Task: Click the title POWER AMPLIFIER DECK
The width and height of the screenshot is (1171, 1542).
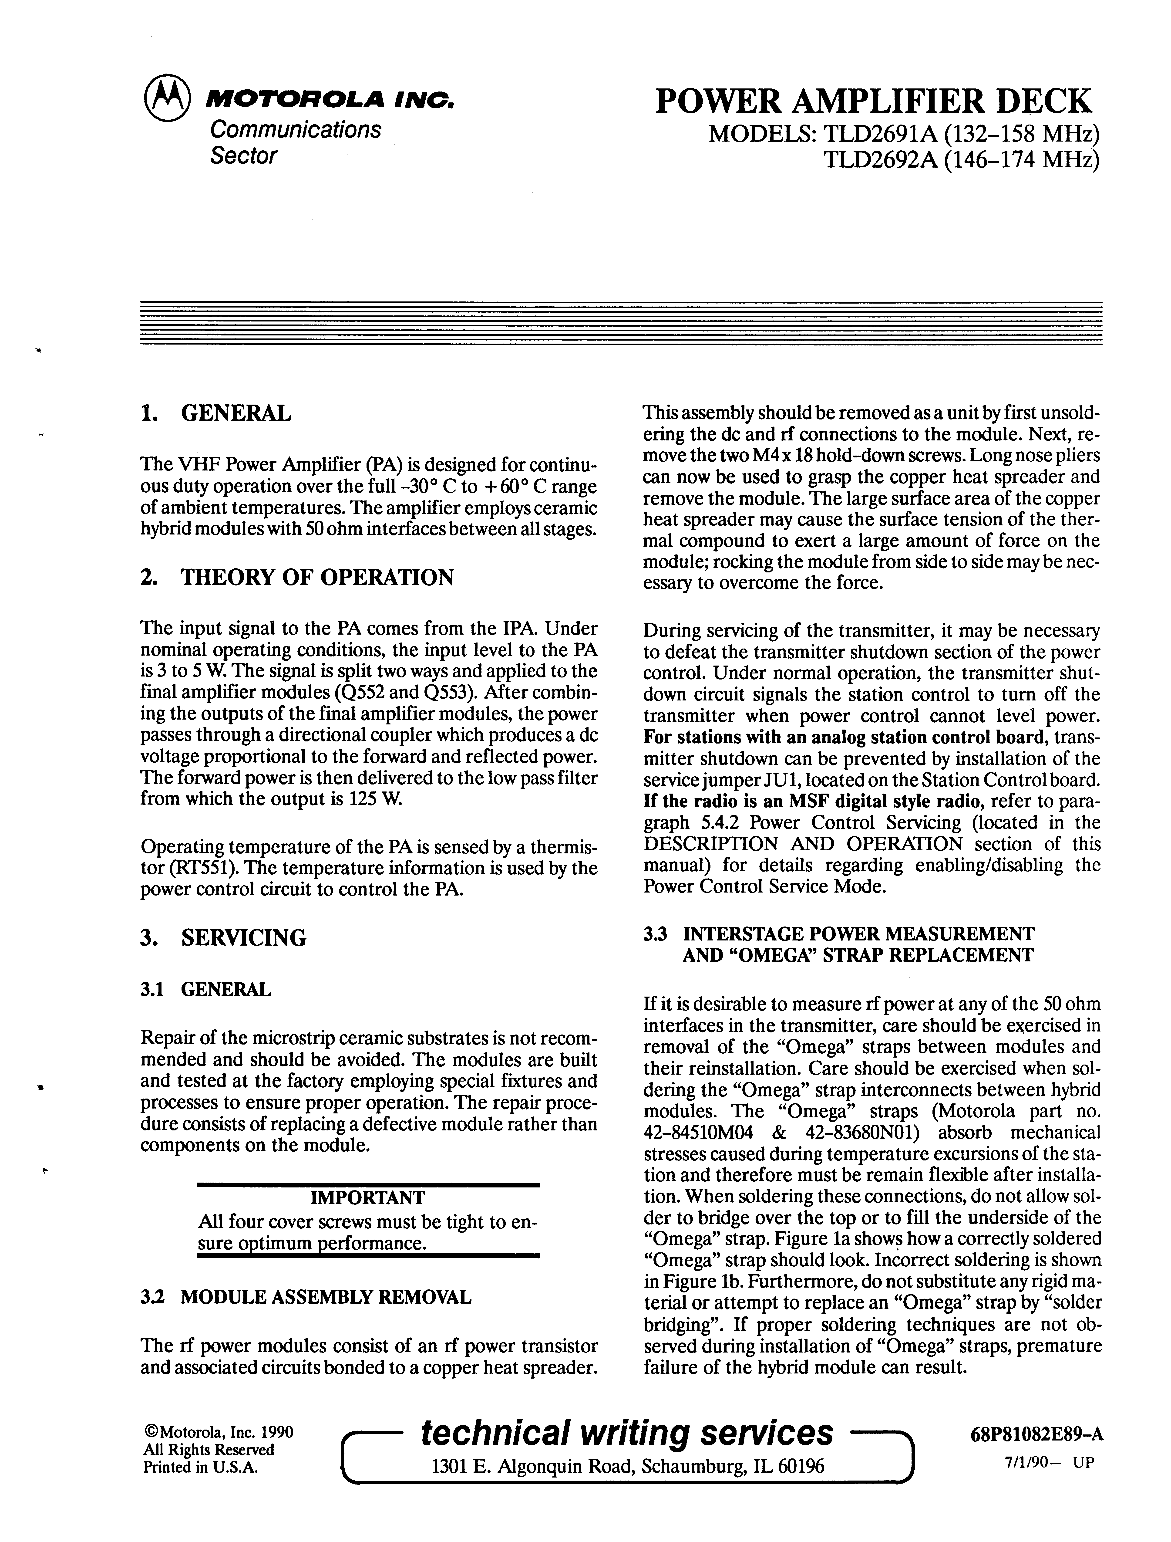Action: pyautogui.click(x=873, y=102)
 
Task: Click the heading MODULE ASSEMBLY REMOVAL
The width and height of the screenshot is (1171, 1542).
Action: pyautogui.click(x=326, y=1297)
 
